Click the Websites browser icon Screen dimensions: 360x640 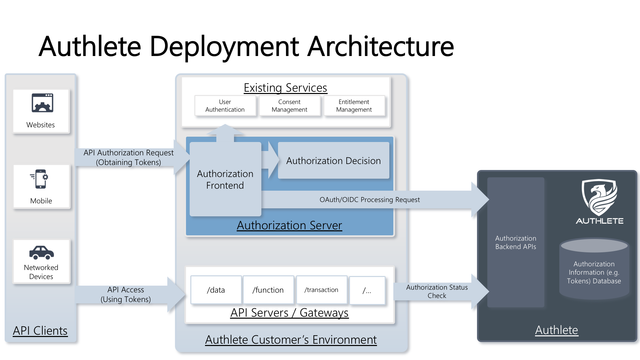(x=42, y=103)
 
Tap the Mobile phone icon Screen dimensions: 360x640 (x=40, y=179)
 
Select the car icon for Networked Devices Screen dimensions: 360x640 (x=41, y=253)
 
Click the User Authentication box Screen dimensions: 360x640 (x=225, y=106)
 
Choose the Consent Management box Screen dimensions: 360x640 (x=289, y=106)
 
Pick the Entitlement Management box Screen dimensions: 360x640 (x=354, y=106)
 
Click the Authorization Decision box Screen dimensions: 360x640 (x=333, y=161)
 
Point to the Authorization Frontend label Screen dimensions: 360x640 (x=225, y=179)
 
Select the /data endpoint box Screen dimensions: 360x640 (x=216, y=290)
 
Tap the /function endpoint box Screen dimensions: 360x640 (x=268, y=290)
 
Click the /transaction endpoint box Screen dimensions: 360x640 (x=321, y=290)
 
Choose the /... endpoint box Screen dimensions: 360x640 (x=367, y=291)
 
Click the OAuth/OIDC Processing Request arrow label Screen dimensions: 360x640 (x=370, y=200)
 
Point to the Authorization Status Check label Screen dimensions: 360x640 (x=437, y=291)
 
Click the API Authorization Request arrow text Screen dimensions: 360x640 (x=128, y=157)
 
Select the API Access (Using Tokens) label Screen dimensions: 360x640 (x=126, y=294)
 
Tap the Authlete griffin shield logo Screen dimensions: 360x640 (x=599, y=198)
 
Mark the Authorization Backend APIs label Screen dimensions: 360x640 (x=516, y=242)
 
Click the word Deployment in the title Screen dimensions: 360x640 (x=224, y=46)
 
